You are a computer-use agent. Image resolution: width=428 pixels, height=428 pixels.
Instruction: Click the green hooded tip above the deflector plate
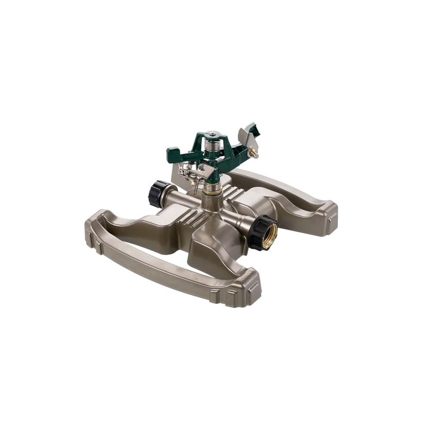tap(251, 129)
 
